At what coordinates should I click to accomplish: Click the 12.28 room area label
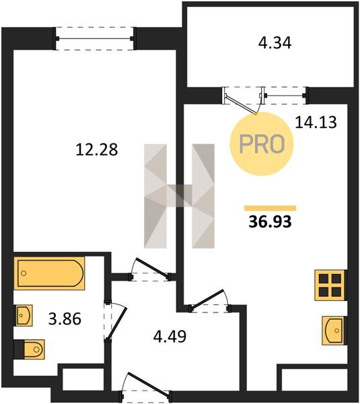97,149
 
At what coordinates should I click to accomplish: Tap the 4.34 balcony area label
275,43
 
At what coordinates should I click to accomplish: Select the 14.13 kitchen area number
316,122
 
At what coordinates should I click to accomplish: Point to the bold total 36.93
270,222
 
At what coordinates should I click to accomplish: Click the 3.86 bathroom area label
65,318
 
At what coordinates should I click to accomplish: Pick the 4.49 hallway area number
170,336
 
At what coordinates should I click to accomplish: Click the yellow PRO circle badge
262,144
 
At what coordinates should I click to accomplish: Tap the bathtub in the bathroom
49,273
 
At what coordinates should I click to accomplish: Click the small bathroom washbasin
24,315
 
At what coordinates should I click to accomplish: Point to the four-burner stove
330,285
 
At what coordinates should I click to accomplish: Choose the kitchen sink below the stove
333,331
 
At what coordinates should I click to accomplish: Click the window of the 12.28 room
95,38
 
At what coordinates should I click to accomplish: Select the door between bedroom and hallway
151,269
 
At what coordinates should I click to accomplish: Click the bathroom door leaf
116,323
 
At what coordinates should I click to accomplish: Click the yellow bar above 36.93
270,208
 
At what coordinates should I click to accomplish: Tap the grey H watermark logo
179,196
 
